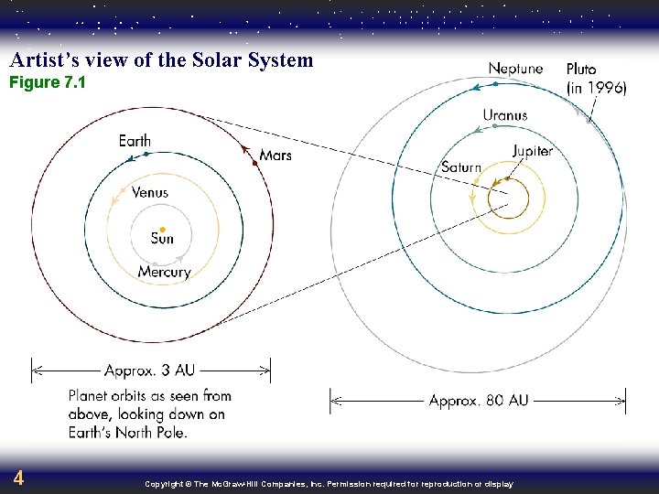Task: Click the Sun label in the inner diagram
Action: click(162, 240)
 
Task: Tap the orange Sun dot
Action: click(162, 228)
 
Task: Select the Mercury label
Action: click(165, 272)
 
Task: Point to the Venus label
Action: click(149, 193)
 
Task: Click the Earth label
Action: click(135, 141)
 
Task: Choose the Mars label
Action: click(275, 156)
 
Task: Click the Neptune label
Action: click(515, 69)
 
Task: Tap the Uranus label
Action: click(505, 115)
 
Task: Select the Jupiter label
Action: click(532, 151)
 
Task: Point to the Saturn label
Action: click(460, 167)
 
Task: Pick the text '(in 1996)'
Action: click(596, 88)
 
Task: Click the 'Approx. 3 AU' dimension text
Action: click(149, 370)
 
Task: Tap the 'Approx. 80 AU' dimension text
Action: click(479, 401)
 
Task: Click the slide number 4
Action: click(18, 478)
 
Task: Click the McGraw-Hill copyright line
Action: click(329, 484)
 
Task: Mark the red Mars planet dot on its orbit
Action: click(254, 162)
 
